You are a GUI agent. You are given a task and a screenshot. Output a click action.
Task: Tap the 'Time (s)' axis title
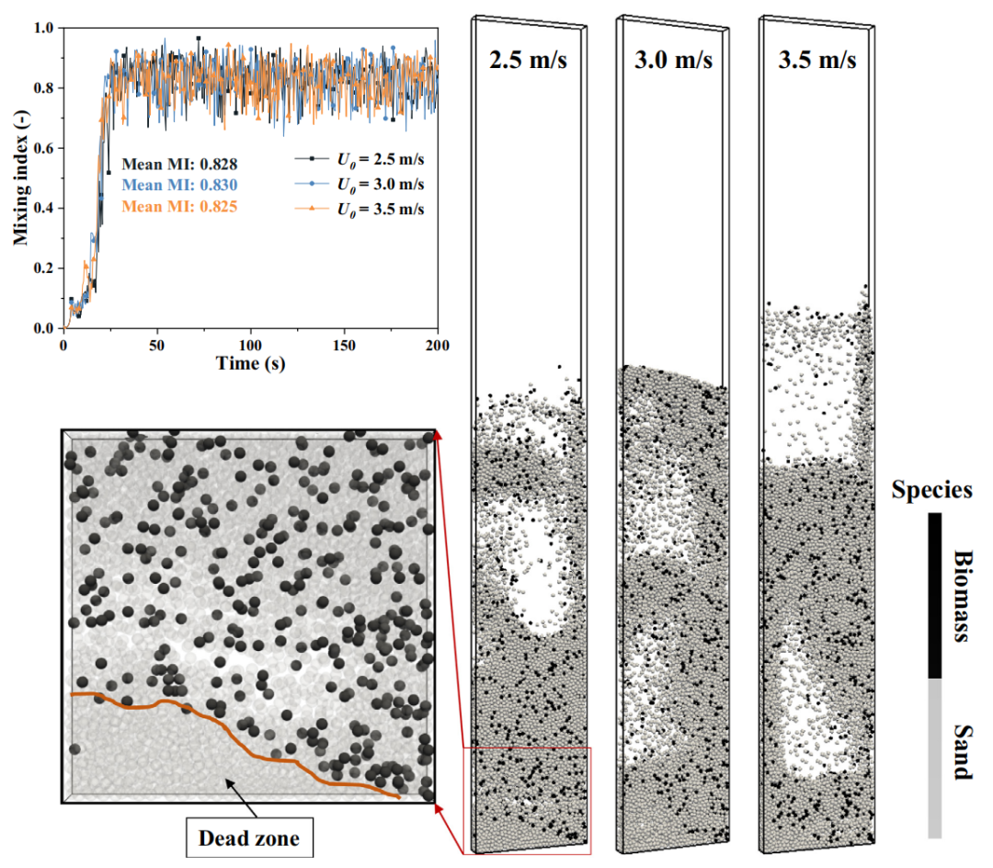pyautogui.click(x=250, y=362)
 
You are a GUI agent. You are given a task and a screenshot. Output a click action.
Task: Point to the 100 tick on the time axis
pyautogui.click(x=250, y=344)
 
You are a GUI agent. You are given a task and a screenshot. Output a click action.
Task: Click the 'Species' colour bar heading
pyautogui.click(x=931, y=490)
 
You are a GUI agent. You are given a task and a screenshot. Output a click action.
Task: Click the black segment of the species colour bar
pyautogui.click(x=934, y=596)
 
